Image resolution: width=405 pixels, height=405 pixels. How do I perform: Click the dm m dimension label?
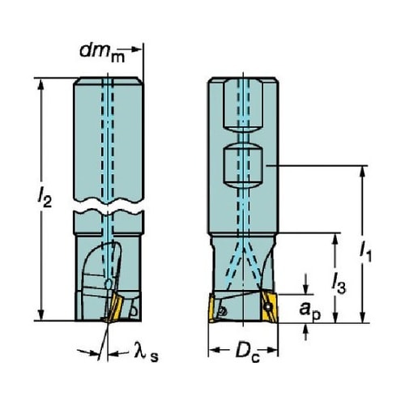(102, 53)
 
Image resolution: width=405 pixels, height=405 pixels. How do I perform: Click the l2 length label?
(45, 198)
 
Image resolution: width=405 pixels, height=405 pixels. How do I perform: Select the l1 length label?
(365, 252)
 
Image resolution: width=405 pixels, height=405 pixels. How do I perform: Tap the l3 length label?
(339, 283)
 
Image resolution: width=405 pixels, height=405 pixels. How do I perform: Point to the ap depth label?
(309, 311)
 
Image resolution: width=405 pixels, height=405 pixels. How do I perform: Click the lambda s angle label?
(147, 352)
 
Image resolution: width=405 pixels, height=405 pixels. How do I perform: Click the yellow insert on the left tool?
(114, 307)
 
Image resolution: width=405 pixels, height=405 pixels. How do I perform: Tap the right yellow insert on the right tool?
(269, 307)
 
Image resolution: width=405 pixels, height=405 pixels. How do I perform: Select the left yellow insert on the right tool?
(211, 309)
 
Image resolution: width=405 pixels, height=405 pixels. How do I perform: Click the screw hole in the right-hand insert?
(268, 307)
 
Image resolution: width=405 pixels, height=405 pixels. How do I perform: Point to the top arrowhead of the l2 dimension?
(40, 84)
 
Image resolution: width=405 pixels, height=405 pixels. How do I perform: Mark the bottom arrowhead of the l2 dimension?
(40, 315)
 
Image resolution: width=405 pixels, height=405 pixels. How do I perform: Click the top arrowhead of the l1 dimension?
(363, 172)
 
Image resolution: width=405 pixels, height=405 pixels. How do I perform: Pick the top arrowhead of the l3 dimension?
(335, 239)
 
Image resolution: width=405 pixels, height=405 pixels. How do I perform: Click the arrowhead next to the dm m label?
(136, 49)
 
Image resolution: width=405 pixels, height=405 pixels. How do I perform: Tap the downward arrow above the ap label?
(305, 289)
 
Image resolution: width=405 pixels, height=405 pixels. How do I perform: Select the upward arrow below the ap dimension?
(305, 329)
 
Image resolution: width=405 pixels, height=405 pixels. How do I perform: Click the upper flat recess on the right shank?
(243, 105)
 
